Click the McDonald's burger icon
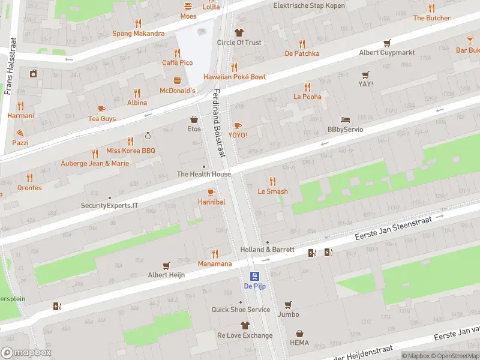pos(178,80)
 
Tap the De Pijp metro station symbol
pos(255,276)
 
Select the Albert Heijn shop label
pos(166,275)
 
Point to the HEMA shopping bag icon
pos(299,334)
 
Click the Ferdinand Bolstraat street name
pos(218,123)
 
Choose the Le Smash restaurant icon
pos(272,181)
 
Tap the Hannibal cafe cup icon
pos(211,192)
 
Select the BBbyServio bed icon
pos(344,119)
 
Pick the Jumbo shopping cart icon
pos(288,304)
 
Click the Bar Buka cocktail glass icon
pos(470,40)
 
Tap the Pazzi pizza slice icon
pos(20,133)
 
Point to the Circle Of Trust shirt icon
pos(239,32)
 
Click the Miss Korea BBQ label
pos(130,151)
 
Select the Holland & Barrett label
pos(267,250)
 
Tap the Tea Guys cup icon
pos(101,109)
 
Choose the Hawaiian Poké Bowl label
pos(234,77)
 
